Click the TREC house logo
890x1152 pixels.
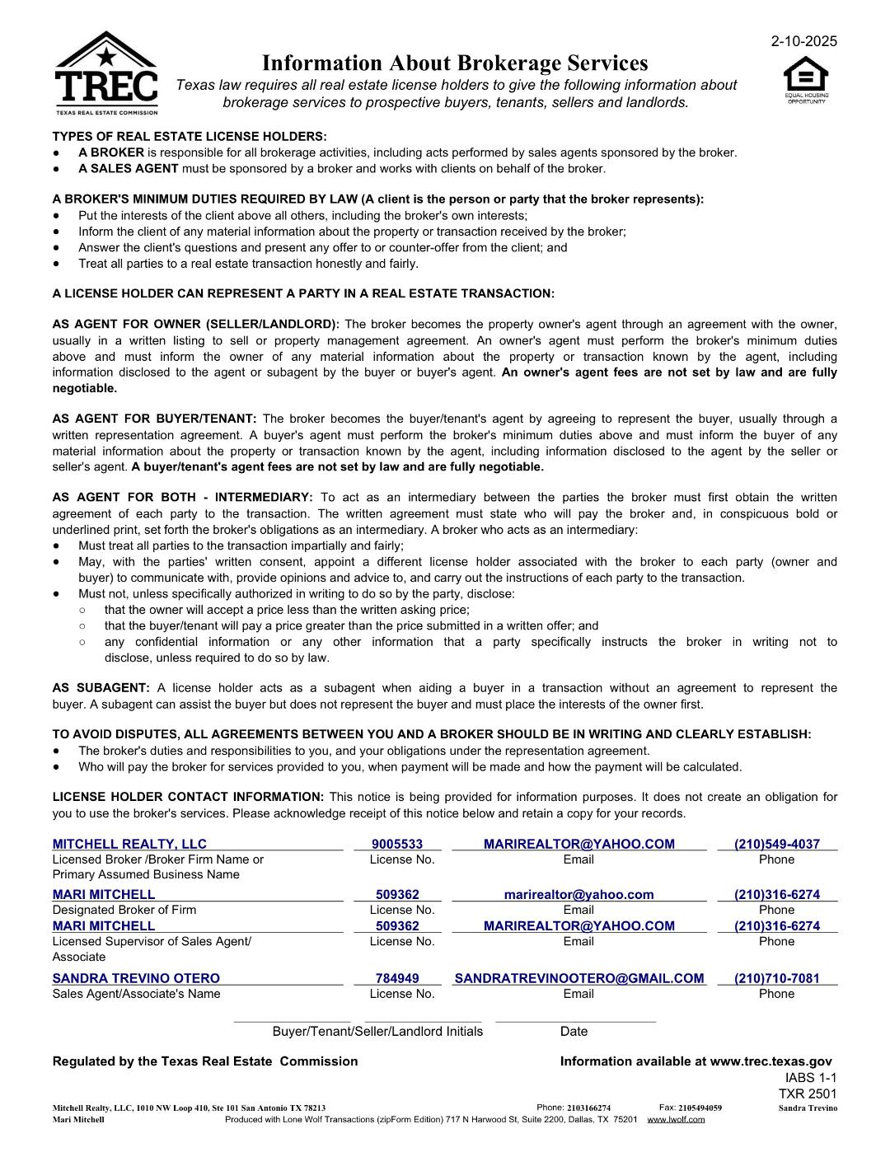(106, 74)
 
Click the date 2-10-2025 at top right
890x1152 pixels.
(803, 41)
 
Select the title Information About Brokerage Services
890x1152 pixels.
(455, 63)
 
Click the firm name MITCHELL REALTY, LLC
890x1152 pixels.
(129, 844)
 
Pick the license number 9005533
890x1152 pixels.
(397, 844)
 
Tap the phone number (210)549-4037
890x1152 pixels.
(777, 844)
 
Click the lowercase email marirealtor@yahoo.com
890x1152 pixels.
(578, 894)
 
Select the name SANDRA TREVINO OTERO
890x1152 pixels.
(136, 978)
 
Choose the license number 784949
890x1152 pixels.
(397, 978)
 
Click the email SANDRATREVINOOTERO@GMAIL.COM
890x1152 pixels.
(579, 978)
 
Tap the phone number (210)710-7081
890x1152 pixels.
(777, 978)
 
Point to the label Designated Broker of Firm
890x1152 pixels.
(124, 910)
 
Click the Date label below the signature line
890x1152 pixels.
(574, 1031)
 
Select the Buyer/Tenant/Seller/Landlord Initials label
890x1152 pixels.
(377, 1031)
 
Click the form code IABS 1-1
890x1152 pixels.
(810, 1078)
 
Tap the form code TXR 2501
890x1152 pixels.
(807, 1093)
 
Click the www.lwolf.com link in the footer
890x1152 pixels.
(676, 1119)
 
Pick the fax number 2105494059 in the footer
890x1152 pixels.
(700, 1108)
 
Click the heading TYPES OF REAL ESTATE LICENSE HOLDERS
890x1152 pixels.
(190, 137)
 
